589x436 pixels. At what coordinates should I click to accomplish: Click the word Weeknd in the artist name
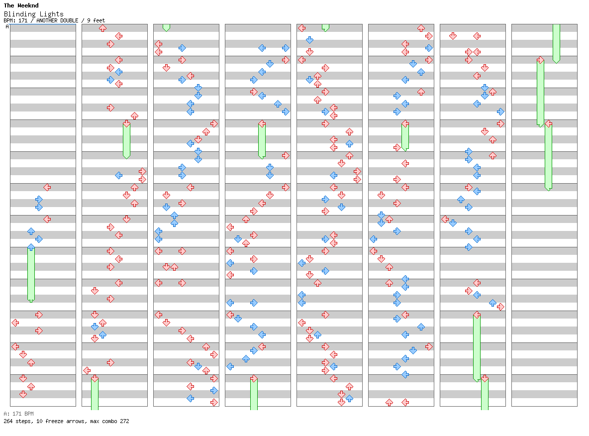point(28,6)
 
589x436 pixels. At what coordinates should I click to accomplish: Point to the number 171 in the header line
point(22,20)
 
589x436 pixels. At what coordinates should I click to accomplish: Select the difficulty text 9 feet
point(96,20)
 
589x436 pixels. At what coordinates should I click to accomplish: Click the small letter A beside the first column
point(7,27)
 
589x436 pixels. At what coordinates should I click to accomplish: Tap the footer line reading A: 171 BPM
point(18,414)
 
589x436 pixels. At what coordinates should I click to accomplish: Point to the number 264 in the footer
point(8,421)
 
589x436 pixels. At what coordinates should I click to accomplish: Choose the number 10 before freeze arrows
point(39,421)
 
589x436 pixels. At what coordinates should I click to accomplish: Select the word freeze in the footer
point(53,421)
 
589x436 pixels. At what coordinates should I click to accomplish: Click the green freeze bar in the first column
point(31,274)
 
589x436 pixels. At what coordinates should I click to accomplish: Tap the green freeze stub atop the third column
point(166,27)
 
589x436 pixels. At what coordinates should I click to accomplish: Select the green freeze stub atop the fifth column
point(325,27)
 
